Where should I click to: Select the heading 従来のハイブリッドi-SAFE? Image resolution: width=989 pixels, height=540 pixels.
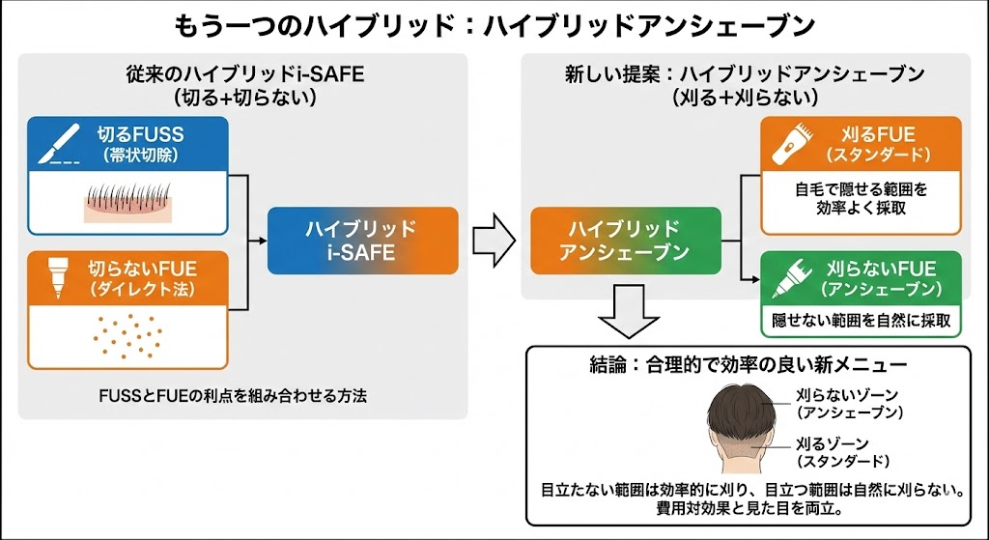(x=244, y=74)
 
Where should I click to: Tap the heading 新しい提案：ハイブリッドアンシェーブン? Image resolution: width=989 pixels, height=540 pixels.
(x=745, y=74)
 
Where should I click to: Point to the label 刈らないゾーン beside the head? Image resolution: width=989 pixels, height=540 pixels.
(x=850, y=395)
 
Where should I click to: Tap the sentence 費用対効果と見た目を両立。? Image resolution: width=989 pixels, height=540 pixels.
(x=749, y=508)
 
